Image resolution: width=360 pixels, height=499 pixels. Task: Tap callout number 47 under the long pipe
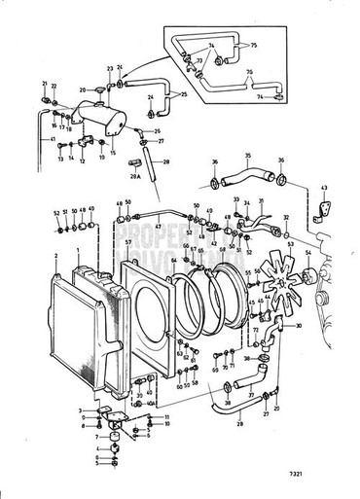[157, 227]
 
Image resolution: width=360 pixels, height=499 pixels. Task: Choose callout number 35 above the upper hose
[248, 157]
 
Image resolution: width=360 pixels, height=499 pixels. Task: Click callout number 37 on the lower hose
[251, 395]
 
